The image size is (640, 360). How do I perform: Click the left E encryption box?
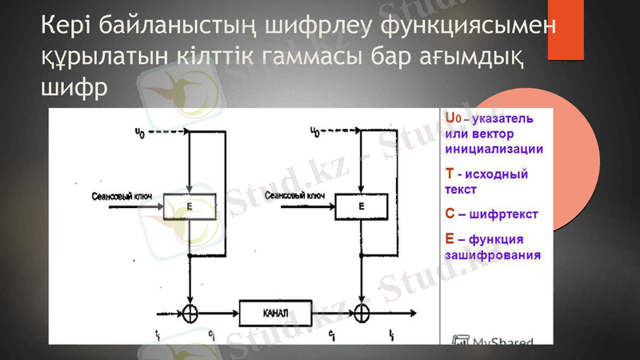pos(190,207)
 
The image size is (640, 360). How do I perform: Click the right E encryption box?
pos(361,207)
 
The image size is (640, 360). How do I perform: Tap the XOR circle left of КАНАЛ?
pos(190,311)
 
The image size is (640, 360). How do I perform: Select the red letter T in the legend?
pos(450,174)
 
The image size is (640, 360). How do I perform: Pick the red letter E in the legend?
pos(450,238)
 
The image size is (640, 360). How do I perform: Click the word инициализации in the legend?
pos(493,149)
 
